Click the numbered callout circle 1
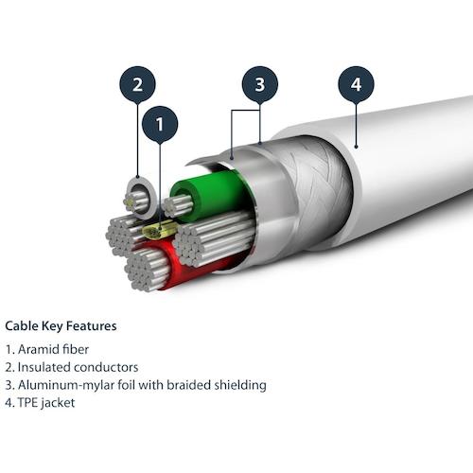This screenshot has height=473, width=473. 160,123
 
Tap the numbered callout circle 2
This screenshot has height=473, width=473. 138,84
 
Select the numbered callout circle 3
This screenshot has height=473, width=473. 260,84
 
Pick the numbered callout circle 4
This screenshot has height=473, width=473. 356,84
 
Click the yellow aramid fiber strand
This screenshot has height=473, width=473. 159,230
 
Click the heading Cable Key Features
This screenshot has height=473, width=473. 61,325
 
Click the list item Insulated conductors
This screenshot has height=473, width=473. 77,367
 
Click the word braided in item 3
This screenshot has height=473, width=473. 193,385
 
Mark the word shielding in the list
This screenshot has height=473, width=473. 240,385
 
